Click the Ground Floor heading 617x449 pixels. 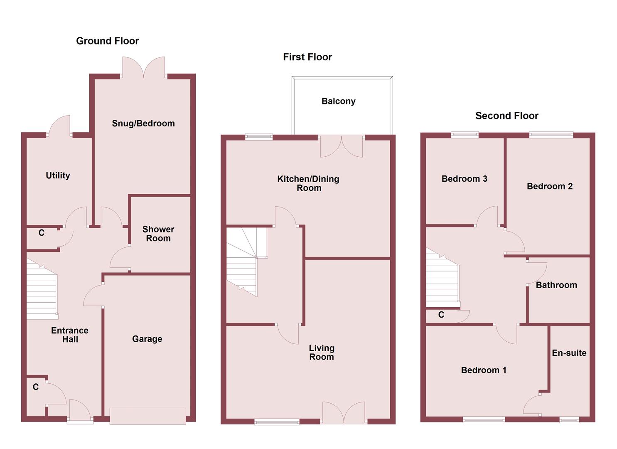[x=107, y=41]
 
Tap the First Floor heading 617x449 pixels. [x=307, y=57]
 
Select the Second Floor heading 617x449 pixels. [x=506, y=116]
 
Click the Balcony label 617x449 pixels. [x=338, y=101]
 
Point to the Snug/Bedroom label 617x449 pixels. [x=143, y=123]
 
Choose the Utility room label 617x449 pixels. [x=58, y=175]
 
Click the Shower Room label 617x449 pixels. [x=158, y=234]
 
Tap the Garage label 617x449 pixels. [x=147, y=339]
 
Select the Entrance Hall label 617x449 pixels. [x=70, y=335]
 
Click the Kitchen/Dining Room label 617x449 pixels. [x=308, y=183]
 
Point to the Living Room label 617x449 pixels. [x=321, y=352]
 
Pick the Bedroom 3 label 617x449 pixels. [x=464, y=179]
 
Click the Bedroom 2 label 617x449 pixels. [x=549, y=186]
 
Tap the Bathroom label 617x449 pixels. [x=556, y=285]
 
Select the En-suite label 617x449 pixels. [x=569, y=353]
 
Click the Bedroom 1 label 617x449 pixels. [x=484, y=370]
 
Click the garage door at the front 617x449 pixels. [x=147, y=416]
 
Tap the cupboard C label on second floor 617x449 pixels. [x=441, y=315]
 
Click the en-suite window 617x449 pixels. [x=569, y=420]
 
